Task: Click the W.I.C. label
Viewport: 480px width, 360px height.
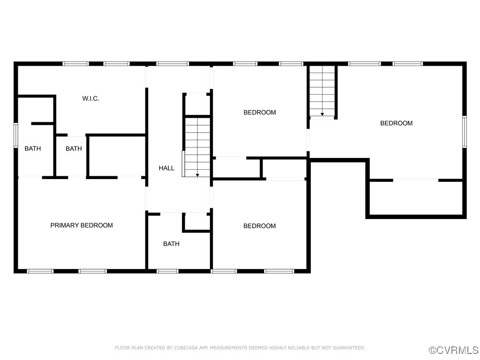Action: point(90,98)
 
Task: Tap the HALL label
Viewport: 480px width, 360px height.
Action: point(166,168)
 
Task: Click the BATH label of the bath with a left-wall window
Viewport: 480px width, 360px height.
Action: point(33,149)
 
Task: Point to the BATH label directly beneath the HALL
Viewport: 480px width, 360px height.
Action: point(171,244)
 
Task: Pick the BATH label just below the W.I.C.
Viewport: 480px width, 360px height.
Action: point(74,149)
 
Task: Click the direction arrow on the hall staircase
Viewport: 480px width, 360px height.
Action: point(197,175)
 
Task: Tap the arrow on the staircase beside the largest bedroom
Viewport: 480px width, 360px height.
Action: point(322,114)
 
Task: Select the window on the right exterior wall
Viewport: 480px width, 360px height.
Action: point(465,132)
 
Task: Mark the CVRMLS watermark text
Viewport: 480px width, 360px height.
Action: point(457,350)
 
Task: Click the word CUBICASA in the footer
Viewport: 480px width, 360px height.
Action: point(186,348)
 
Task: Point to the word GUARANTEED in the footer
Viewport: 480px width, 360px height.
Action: point(348,348)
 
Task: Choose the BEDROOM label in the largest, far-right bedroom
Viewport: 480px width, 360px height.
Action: point(396,123)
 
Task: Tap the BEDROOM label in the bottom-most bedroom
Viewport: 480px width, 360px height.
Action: point(259,226)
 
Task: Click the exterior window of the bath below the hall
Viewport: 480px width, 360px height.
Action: point(167,271)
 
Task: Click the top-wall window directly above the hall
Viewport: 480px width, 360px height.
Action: point(172,64)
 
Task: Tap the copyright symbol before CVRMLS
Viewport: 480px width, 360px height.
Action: point(433,350)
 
